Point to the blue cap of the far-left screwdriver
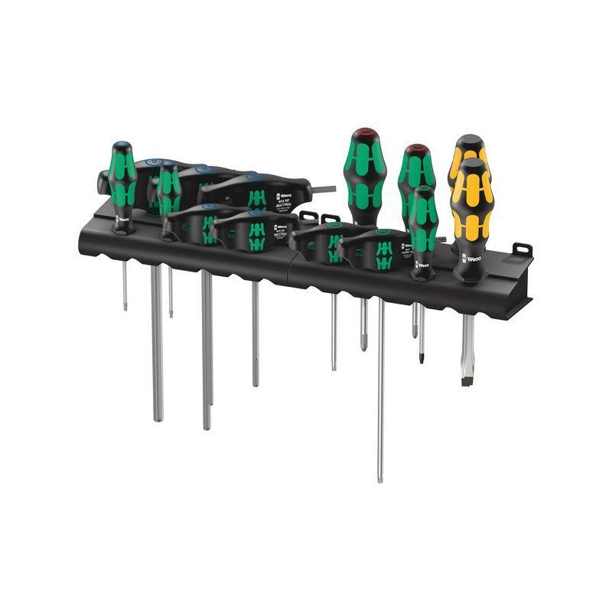click(x=121, y=145)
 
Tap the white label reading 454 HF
click(x=281, y=202)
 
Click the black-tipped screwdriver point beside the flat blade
click(x=420, y=356)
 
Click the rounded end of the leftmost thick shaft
click(x=158, y=416)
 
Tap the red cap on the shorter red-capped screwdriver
click(x=415, y=149)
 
